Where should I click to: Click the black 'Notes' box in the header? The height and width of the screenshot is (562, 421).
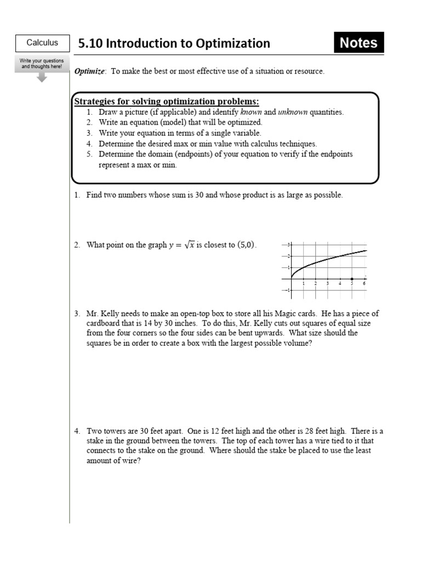click(359, 43)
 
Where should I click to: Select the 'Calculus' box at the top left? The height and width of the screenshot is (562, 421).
click(42, 43)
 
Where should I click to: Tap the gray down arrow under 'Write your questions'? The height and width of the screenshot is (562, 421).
click(42, 77)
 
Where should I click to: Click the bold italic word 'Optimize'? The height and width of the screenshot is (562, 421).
click(89, 71)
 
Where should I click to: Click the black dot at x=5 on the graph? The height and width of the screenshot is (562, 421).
click(352, 279)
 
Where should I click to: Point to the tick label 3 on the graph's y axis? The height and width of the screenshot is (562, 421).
click(289, 244)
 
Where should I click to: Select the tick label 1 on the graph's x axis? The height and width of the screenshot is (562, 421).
click(304, 284)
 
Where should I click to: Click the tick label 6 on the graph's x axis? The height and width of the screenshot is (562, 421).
click(364, 284)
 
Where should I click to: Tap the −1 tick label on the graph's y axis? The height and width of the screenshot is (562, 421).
click(287, 290)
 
